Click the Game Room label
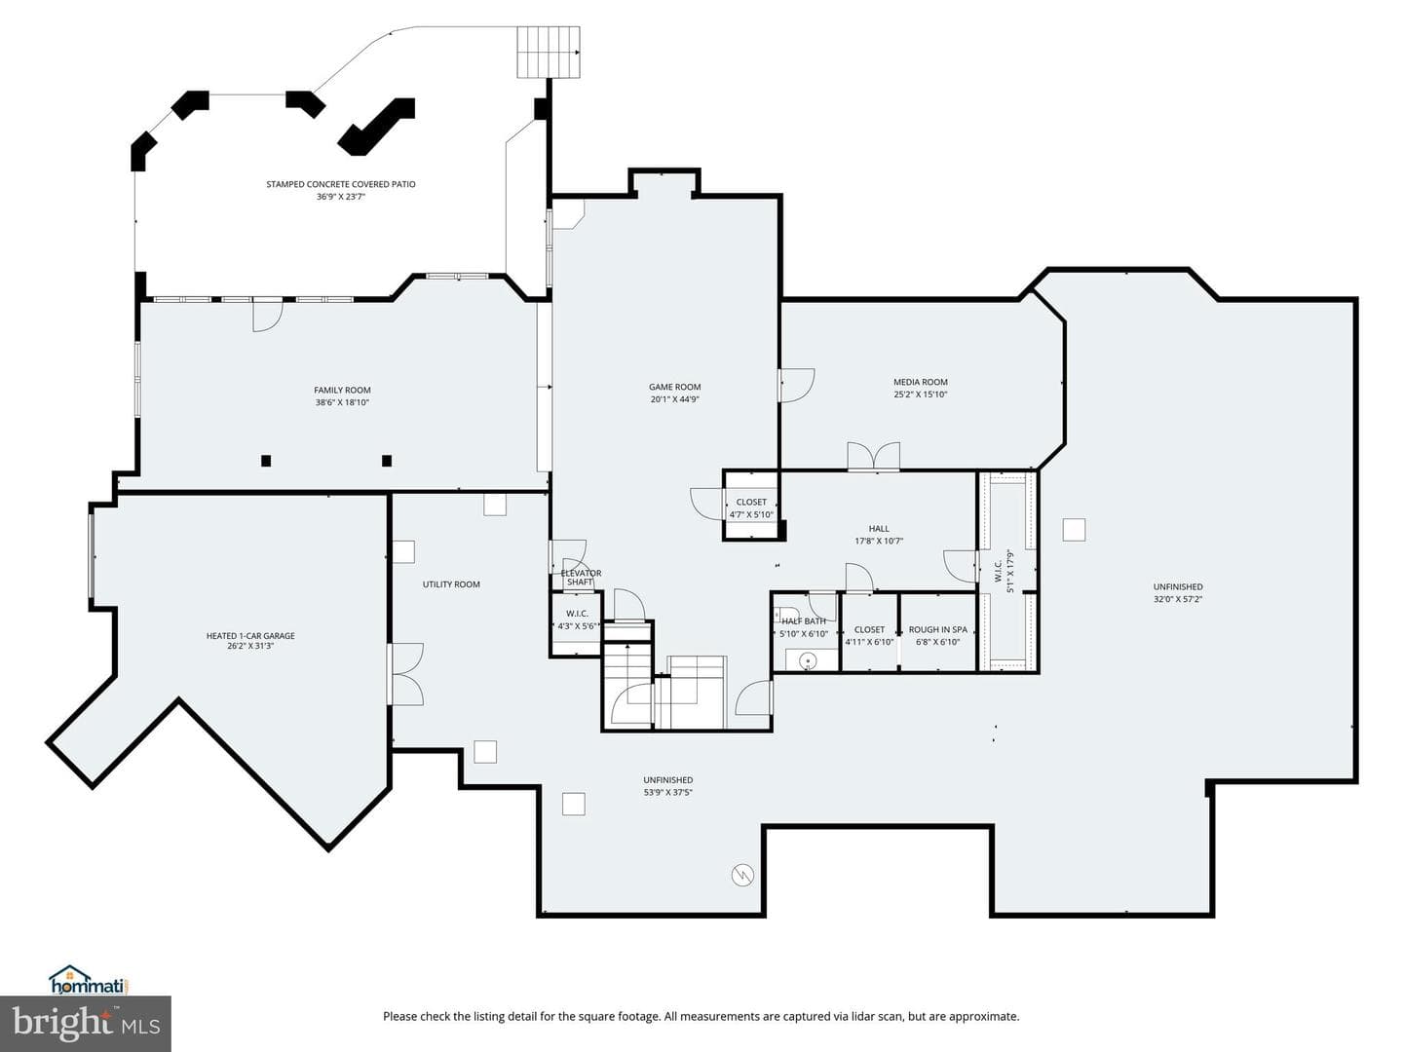click(x=674, y=387)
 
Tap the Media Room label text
click(x=920, y=382)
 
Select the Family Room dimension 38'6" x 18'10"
click(x=342, y=402)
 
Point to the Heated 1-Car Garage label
click(x=250, y=635)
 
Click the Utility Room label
click(x=451, y=584)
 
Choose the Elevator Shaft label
click(x=581, y=578)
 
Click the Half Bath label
click(x=804, y=620)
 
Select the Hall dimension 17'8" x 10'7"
click(x=879, y=541)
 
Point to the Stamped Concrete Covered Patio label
click(x=341, y=184)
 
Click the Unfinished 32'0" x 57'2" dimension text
click(x=1177, y=599)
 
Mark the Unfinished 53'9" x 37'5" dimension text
click(x=668, y=793)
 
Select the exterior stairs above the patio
click(x=549, y=52)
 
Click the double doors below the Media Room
click(x=873, y=457)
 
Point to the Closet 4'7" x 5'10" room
click(x=751, y=506)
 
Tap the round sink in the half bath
click(x=808, y=660)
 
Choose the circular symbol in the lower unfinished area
click(x=742, y=875)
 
